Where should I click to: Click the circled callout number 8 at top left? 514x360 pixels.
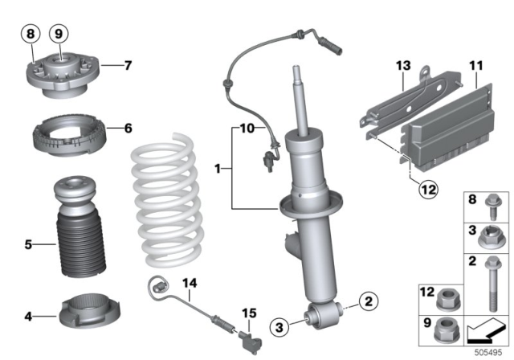point(31,35)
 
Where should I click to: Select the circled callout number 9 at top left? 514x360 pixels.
point(58,35)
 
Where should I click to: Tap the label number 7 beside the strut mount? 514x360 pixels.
point(128,64)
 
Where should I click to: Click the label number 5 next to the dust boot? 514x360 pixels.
point(28,243)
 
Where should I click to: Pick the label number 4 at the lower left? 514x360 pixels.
point(28,316)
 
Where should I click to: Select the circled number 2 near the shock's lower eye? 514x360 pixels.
point(367,303)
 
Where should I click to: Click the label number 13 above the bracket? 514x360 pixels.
point(402,64)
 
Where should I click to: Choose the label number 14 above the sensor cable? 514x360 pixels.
point(189,283)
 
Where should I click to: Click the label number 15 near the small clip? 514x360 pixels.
point(248,312)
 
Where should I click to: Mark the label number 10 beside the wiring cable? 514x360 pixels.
point(245,127)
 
